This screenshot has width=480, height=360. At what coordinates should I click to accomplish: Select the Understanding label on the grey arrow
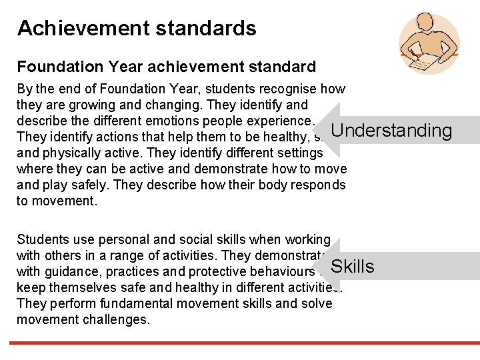[391, 130]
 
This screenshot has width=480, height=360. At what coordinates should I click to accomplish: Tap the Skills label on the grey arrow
[352, 267]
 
